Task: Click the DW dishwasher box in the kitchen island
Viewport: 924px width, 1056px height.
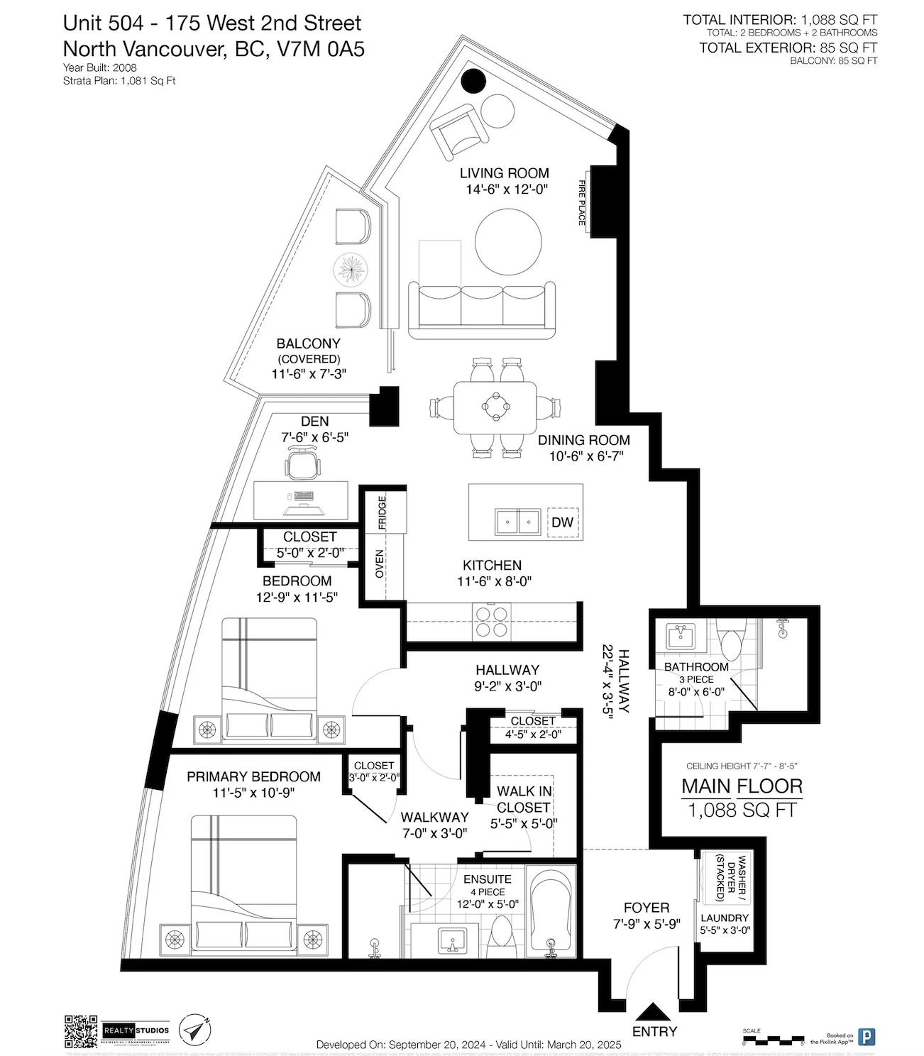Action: [x=562, y=523]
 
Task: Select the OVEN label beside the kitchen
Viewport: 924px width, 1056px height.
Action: [x=380, y=563]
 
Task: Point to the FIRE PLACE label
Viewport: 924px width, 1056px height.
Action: [x=582, y=203]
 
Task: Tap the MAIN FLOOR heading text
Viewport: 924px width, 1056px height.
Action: [x=742, y=786]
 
